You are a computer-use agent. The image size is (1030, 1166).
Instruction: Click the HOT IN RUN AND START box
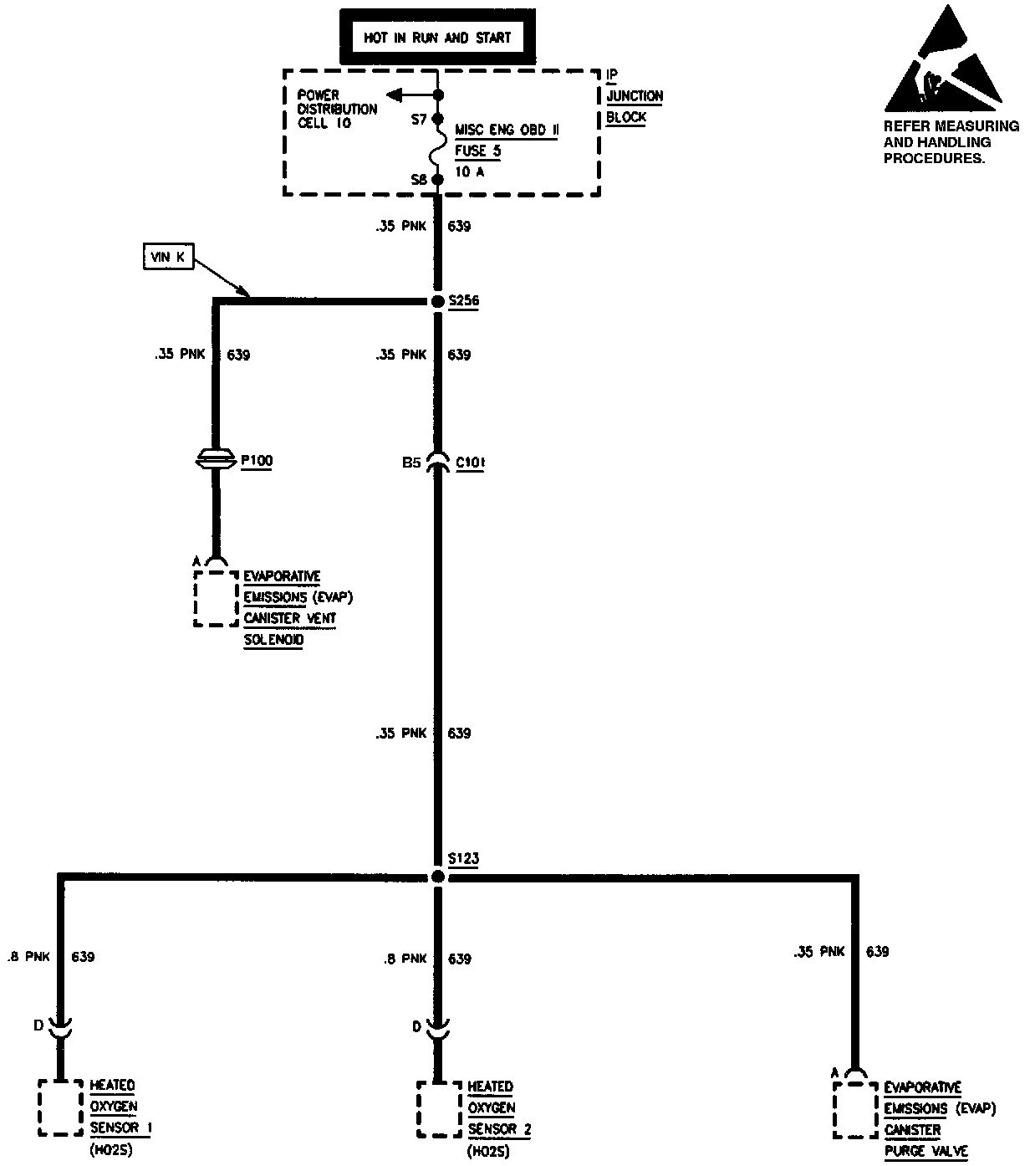(436, 38)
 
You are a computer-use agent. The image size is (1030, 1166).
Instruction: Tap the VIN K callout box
(168, 257)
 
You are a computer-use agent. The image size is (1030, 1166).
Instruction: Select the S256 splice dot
(437, 301)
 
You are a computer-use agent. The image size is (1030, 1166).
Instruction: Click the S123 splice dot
(437, 877)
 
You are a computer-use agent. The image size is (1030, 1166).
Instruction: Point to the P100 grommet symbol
(217, 459)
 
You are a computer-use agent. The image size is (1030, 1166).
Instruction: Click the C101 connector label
(471, 462)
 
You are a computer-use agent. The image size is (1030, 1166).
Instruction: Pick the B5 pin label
(410, 462)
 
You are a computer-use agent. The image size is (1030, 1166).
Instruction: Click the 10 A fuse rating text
(470, 171)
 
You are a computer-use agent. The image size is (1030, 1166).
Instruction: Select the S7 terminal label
(419, 120)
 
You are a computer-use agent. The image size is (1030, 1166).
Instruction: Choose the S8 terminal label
(419, 179)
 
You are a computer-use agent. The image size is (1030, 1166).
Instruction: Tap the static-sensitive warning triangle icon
(943, 63)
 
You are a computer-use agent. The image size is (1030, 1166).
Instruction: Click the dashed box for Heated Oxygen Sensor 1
(59, 1107)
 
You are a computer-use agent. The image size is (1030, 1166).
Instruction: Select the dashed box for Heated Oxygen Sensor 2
(439, 1109)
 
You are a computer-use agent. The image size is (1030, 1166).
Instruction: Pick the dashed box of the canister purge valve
(855, 1109)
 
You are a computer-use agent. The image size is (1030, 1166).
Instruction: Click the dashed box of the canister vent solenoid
(216, 598)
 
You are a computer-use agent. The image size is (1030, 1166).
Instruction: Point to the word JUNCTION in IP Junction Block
(635, 96)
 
